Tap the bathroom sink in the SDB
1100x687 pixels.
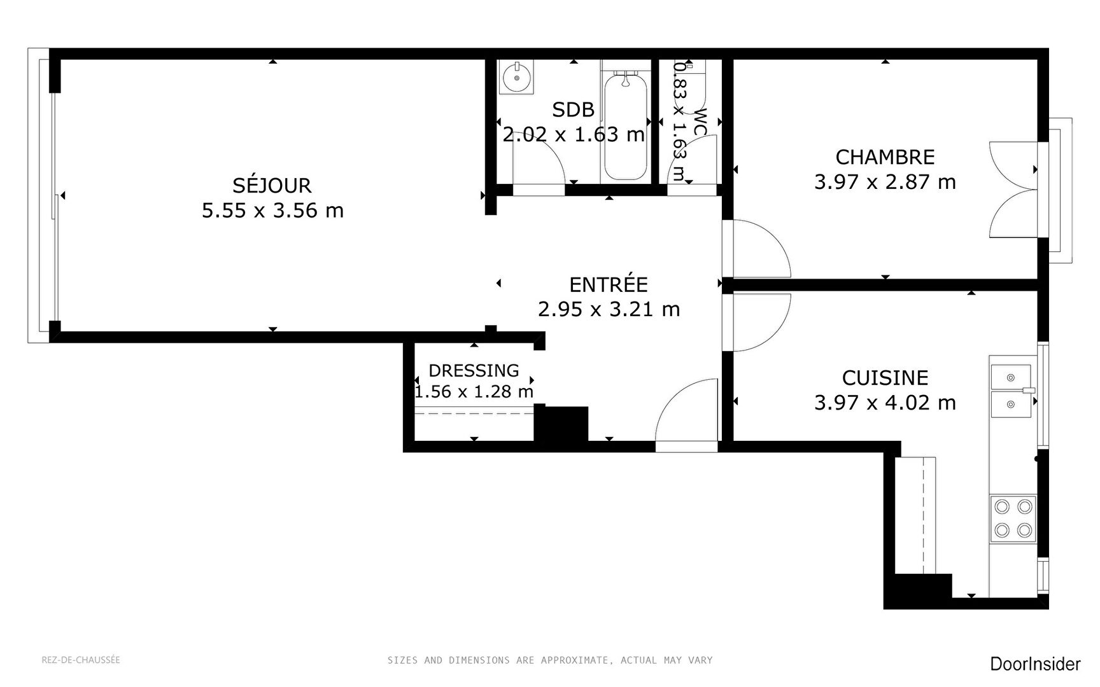tap(516, 78)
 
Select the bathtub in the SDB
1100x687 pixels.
tap(625, 126)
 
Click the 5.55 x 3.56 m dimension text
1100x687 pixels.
tap(272, 210)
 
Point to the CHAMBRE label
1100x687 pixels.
tap(885, 157)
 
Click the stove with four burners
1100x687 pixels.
tap(1013, 518)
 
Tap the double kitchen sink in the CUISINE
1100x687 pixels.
tap(1011, 391)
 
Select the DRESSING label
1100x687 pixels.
tap(474, 370)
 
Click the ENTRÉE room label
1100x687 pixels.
tap(609, 284)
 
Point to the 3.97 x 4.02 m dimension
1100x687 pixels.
tap(885, 403)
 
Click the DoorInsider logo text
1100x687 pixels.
tap(1035, 664)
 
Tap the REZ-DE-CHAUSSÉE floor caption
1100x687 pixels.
tap(81, 660)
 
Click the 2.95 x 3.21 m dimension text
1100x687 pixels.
tap(609, 309)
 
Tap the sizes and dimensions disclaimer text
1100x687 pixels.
tap(550, 660)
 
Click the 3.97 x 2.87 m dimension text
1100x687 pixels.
tap(885, 182)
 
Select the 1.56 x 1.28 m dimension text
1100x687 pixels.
tap(474, 391)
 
